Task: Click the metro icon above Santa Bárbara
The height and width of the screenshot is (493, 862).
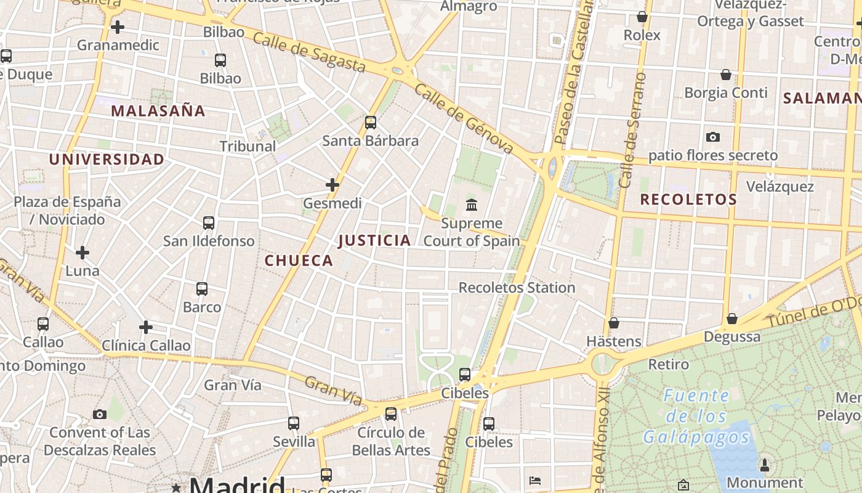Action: coord(370,122)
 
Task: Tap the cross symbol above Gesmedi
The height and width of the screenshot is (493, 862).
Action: coord(332,184)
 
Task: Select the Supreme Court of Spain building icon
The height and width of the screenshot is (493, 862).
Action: coord(472,205)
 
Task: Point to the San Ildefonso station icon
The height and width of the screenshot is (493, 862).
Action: coord(209,222)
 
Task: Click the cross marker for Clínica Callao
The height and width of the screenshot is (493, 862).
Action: coord(146,327)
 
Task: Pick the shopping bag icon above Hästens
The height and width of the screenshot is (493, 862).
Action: coord(614,322)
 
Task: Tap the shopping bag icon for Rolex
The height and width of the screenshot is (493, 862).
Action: coord(642,17)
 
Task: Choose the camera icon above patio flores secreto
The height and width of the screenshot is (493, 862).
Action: coord(713,137)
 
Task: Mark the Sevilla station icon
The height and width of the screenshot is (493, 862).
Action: coord(294,423)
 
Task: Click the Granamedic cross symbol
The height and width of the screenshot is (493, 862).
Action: coord(118,27)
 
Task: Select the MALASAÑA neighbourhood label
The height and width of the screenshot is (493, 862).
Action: coord(158,111)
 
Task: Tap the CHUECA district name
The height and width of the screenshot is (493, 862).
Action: coord(299,261)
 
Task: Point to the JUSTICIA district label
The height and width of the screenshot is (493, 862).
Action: coord(374,240)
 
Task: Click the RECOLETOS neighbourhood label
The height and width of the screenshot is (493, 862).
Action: coord(688,200)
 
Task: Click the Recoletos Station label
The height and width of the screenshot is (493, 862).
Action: coord(517,288)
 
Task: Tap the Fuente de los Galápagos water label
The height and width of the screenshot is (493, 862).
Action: coord(696,416)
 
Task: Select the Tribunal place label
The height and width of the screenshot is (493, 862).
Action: coord(248,147)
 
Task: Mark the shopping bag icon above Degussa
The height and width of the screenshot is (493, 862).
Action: coord(732,319)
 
